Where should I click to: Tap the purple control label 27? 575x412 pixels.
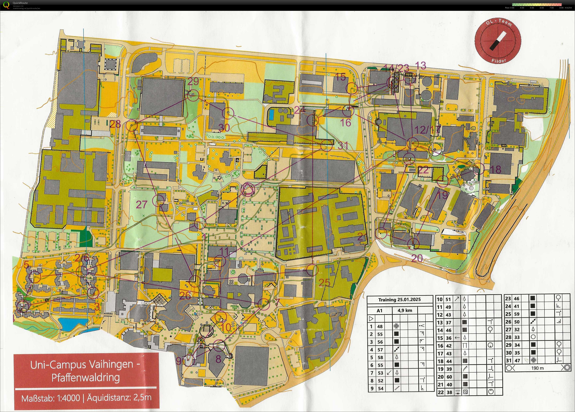[x=141, y=205]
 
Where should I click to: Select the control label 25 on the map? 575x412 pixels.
[x=324, y=282]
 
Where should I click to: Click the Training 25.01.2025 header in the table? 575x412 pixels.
[x=399, y=300]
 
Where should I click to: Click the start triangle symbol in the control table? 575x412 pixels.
[x=371, y=319]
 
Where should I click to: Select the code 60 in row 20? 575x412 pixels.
[x=449, y=377]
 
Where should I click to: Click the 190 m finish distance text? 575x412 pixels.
[x=538, y=368]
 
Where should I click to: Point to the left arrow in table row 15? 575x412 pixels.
[x=457, y=338]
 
